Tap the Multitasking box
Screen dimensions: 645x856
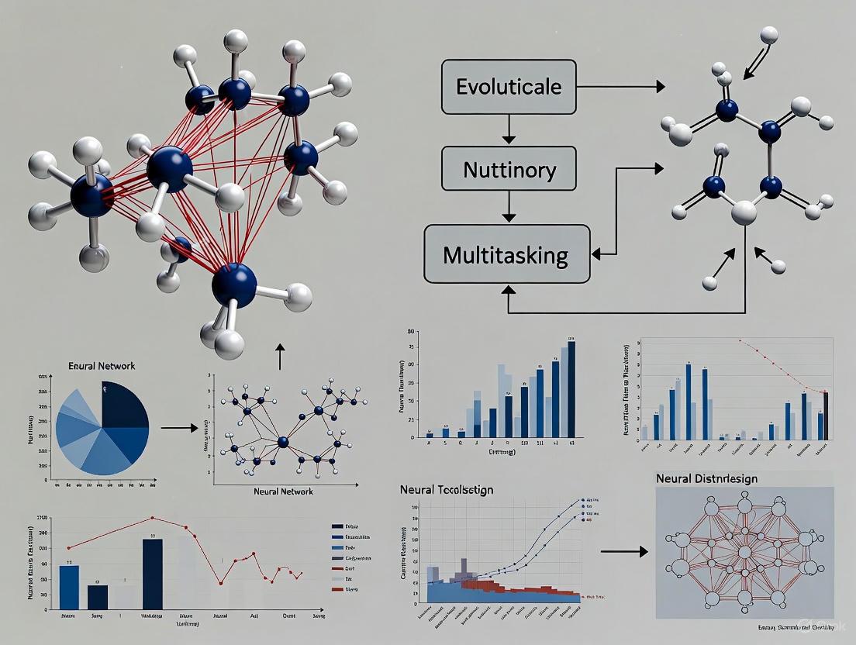coord(506,253)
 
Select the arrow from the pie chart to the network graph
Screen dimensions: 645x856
coord(178,427)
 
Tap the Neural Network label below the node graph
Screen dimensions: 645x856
coord(283,492)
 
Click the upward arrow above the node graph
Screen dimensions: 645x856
coord(280,357)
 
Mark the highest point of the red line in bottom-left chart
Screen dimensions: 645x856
coord(153,517)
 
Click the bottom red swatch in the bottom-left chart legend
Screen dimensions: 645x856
coord(337,590)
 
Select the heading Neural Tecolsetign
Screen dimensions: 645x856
coord(447,490)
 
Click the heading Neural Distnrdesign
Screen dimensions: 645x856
coord(717,478)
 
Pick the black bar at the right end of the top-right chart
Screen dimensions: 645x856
coord(826,416)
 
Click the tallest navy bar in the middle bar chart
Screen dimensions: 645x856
coord(571,390)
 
